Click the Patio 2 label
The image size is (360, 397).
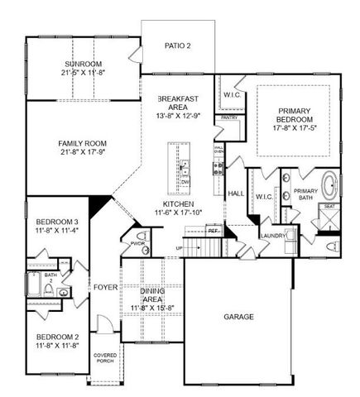(x=176, y=45)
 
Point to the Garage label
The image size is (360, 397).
(x=238, y=317)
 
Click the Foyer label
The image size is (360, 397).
(x=105, y=288)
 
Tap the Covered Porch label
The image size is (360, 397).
(x=104, y=360)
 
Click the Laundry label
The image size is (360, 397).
(x=272, y=236)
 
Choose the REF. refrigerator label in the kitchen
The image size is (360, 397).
(x=213, y=232)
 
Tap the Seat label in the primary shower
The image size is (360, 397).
(x=329, y=206)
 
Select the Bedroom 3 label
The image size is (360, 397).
(x=57, y=221)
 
